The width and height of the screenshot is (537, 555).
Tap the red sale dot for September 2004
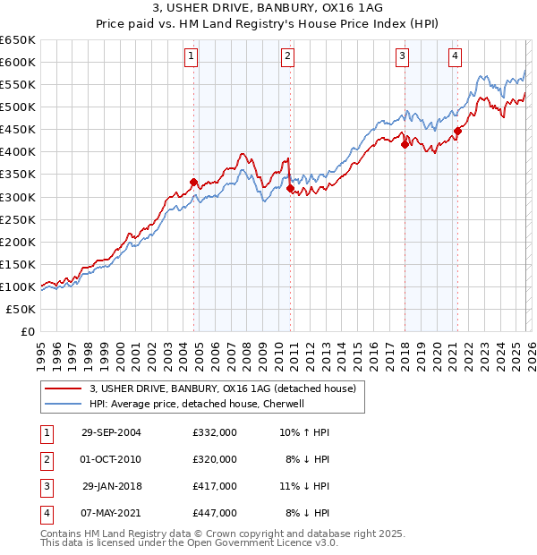(x=193, y=182)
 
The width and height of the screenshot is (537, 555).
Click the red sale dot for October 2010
(x=289, y=188)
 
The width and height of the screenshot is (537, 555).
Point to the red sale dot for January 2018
(x=405, y=144)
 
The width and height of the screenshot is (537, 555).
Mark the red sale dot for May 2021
(x=457, y=131)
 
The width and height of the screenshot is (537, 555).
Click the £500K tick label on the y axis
(x=18, y=107)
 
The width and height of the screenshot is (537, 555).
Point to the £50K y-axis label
(x=21, y=309)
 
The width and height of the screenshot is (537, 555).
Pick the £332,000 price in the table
(x=215, y=431)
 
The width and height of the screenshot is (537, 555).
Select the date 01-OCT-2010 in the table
(x=111, y=458)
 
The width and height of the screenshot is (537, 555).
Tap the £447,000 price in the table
(x=215, y=513)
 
